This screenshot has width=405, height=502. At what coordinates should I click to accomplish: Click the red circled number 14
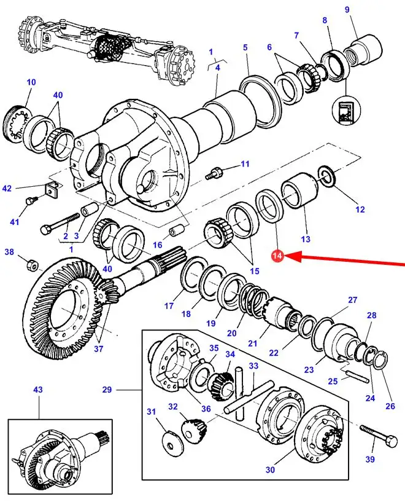coord(277,256)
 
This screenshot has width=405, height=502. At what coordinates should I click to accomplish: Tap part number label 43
coord(37,390)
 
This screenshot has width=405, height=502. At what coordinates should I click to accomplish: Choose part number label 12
coord(360,210)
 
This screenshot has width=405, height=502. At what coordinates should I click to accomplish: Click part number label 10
coord(31,82)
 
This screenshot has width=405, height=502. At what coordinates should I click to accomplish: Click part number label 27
coord(352,300)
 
